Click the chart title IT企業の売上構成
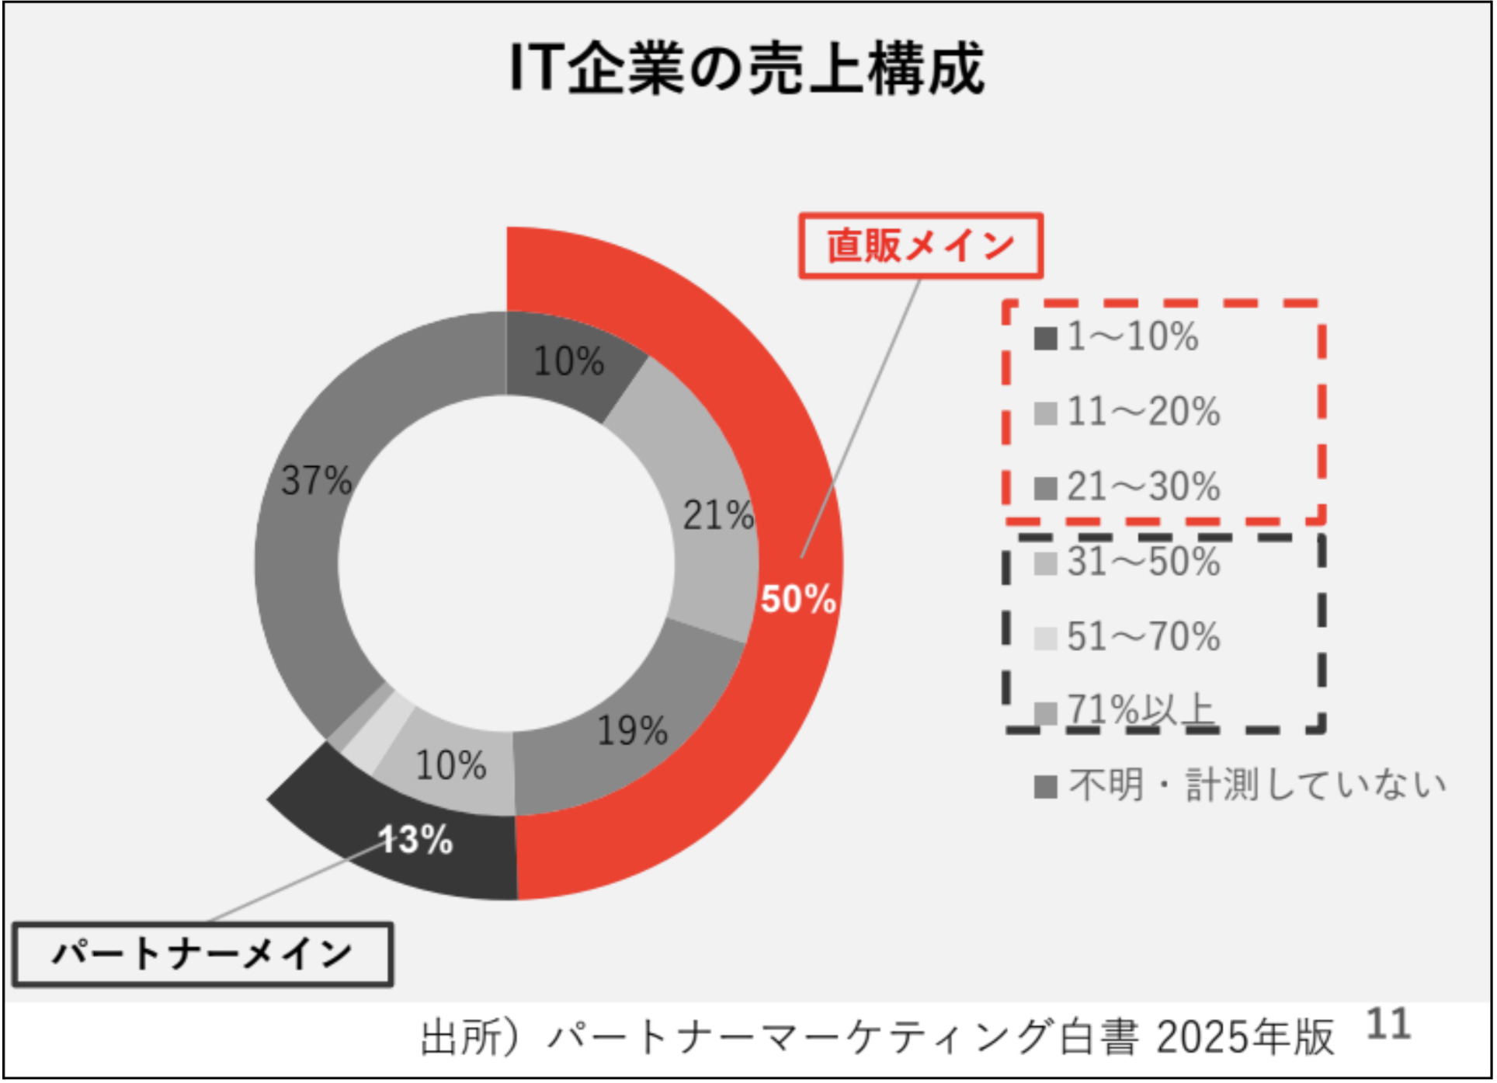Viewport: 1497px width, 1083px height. click(746, 69)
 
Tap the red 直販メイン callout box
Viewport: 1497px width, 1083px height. click(921, 246)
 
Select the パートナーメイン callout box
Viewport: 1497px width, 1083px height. click(203, 955)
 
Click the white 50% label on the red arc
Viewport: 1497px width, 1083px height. click(798, 599)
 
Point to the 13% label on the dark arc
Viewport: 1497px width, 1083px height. click(417, 840)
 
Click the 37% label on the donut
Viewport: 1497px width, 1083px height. click(316, 480)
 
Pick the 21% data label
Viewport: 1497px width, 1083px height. click(717, 515)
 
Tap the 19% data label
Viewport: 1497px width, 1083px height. click(631, 731)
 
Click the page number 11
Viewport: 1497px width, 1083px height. click(1388, 1025)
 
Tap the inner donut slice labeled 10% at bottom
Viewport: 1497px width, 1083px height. click(450, 765)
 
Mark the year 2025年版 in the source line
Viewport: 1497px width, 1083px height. click(1244, 1037)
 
